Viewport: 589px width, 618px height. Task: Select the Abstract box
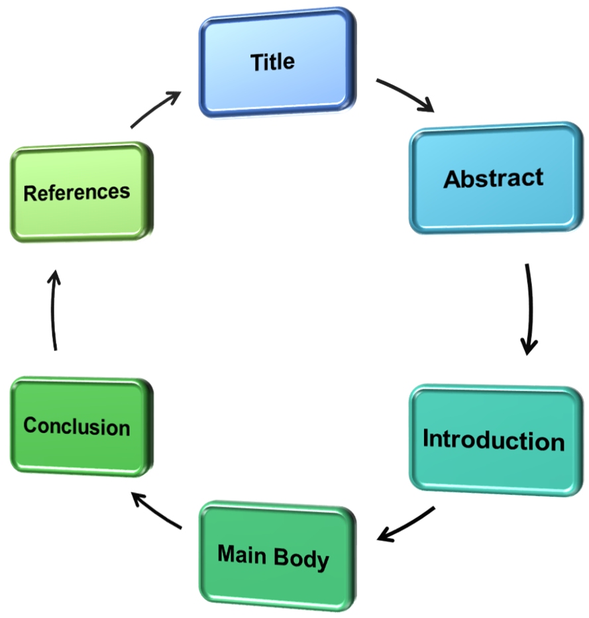494,179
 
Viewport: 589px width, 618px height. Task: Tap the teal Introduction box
494,440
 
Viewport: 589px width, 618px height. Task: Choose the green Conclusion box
78,426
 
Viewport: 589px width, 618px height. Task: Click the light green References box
78,193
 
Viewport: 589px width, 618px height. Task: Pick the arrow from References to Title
156,110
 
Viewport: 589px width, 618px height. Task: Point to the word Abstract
494,179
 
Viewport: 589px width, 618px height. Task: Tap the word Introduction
494,440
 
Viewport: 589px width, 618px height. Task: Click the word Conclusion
77,426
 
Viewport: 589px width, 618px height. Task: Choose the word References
77,193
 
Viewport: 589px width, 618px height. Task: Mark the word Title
272,62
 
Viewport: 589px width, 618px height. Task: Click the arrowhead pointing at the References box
55,275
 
